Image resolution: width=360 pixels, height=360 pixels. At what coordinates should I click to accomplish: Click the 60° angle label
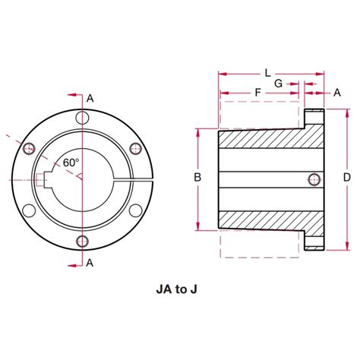(71, 163)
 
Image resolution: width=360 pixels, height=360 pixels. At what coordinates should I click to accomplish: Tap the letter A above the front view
(90, 98)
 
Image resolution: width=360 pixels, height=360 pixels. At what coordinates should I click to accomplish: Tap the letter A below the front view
(90, 263)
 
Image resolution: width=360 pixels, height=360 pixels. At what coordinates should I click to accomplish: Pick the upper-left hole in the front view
(30, 147)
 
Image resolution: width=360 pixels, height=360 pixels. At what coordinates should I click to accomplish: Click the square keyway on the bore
(41, 179)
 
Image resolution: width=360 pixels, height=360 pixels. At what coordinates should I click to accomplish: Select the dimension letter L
(267, 73)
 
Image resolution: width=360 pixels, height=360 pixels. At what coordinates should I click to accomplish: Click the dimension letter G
(279, 82)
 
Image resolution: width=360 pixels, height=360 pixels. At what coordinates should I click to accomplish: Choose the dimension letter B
(197, 178)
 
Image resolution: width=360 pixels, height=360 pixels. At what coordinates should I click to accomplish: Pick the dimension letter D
(346, 178)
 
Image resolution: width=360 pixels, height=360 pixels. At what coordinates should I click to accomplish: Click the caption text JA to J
(181, 289)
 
